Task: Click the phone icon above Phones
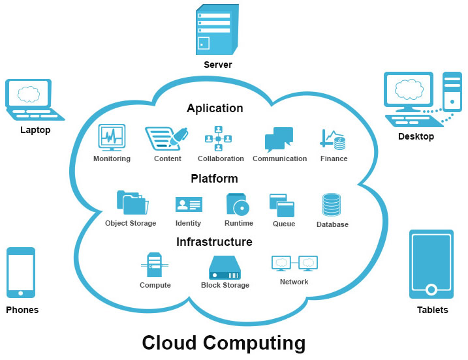[21, 272]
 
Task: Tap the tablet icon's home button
[431, 289]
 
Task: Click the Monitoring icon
[112, 138]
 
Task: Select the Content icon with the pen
[166, 138]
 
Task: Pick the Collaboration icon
[219, 138]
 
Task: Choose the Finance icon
[333, 139]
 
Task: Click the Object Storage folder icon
[131, 203]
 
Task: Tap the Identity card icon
[189, 205]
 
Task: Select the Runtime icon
[238, 204]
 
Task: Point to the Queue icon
[282, 205]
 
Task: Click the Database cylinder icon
[332, 205]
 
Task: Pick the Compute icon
[154, 265]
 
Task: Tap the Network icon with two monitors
[294, 263]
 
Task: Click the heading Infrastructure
[214, 242]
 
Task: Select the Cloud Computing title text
[224, 343]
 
